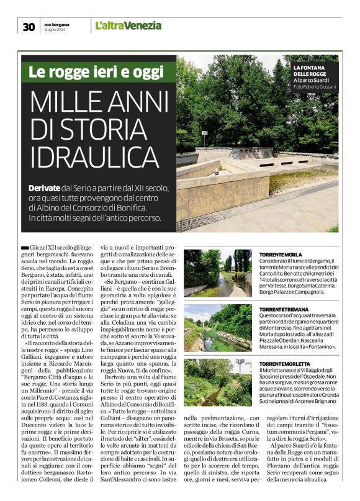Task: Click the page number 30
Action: pos(29,27)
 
